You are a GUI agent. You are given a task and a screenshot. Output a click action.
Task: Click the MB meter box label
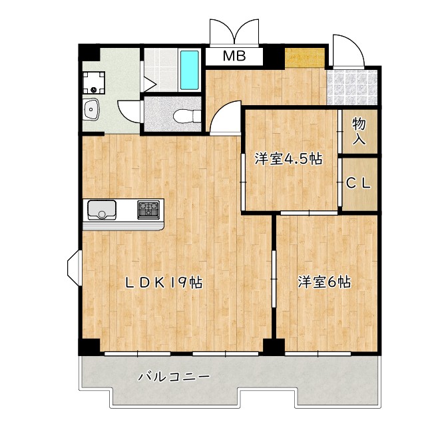click(234, 56)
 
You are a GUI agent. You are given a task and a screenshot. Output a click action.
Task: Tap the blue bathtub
click(189, 70)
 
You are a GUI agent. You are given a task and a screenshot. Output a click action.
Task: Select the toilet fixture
click(187, 116)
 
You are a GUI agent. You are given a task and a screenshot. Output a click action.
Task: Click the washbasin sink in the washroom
click(91, 109)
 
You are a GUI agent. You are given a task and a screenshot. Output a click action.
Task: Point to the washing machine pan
click(94, 83)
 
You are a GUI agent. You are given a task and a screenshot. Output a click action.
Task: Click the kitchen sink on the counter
click(102, 210)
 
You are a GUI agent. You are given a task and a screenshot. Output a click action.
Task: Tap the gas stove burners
click(148, 210)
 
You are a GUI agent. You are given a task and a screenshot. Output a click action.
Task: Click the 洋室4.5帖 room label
click(288, 158)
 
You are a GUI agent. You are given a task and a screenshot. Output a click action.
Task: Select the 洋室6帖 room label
click(324, 282)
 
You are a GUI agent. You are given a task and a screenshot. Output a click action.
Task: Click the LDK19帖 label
click(164, 282)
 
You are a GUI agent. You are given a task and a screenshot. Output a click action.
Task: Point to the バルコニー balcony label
click(174, 377)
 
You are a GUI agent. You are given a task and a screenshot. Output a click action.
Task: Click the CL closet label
click(358, 184)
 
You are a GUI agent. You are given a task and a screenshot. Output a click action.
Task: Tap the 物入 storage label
click(359, 132)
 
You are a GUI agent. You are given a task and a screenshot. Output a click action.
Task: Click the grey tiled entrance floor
click(352, 87)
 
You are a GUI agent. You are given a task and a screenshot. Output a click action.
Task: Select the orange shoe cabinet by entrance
click(305, 57)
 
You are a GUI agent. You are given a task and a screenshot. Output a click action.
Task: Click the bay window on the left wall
click(74, 268)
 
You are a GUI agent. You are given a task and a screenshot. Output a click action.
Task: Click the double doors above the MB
click(234, 32)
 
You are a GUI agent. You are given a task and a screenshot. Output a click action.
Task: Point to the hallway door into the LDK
click(225, 117)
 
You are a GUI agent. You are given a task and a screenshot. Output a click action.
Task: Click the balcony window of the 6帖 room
click(318, 353)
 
